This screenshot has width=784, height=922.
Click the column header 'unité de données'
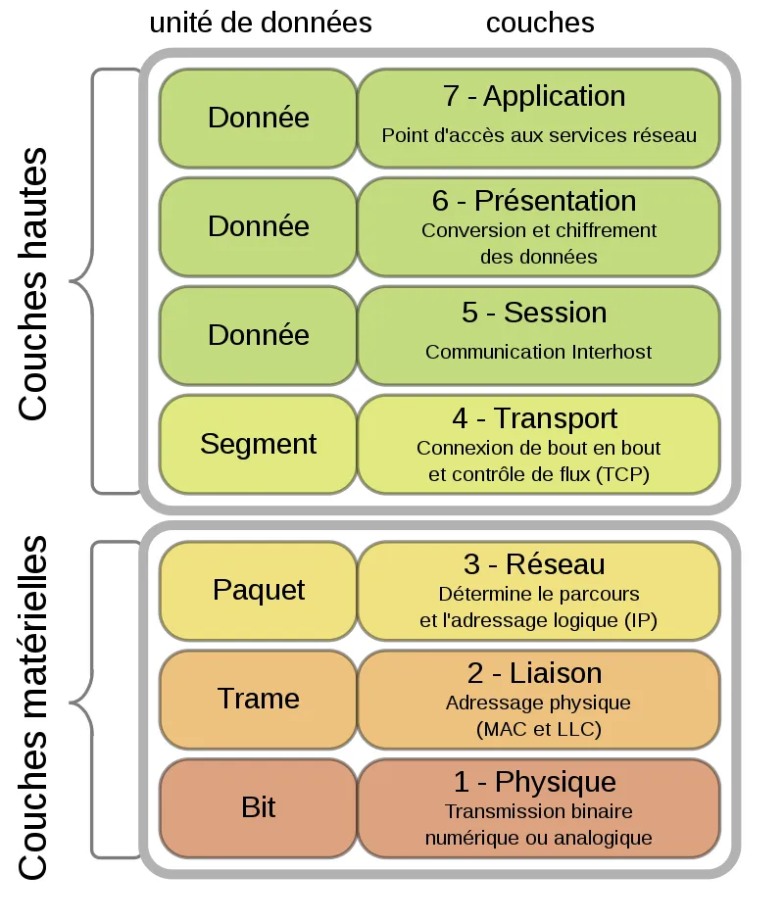pyautogui.click(x=261, y=23)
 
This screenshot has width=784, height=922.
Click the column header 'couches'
pyautogui.click(x=540, y=23)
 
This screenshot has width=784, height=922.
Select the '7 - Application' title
pyautogui.click(x=534, y=96)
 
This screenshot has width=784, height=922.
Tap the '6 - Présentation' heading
pyautogui.click(x=534, y=201)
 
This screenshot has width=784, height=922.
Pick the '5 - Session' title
pyautogui.click(x=534, y=313)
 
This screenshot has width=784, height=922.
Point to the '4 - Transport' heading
pyautogui.click(x=535, y=418)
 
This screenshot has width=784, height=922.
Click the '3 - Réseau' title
pyautogui.click(x=534, y=564)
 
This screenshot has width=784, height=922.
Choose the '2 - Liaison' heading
pyautogui.click(x=535, y=673)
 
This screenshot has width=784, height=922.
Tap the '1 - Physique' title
pyautogui.click(x=535, y=782)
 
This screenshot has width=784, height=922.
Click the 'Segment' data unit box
pyautogui.click(x=258, y=445)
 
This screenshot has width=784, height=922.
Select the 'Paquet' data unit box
pyautogui.click(x=258, y=591)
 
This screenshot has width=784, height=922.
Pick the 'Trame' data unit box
pyautogui.click(x=258, y=700)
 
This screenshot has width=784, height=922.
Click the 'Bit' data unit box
pyautogui.click(x=258, y=808)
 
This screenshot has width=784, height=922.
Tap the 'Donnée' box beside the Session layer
pyautogui.click(x=258, y=336)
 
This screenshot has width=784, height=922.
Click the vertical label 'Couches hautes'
pyautogui.click(x=33, y=284)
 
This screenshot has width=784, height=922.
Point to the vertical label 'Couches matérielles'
pyautogui.click(x=33, y=708)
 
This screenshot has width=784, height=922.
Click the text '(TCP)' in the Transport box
pyautogui.click(x=622, y=474)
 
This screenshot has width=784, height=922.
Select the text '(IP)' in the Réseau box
pyautogui.click(x=641, y=620)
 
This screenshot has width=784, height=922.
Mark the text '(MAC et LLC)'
pyautogui.click(x=539, y=729)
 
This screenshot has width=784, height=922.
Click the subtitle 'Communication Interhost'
pyautogui.click(x=539, y=352)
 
